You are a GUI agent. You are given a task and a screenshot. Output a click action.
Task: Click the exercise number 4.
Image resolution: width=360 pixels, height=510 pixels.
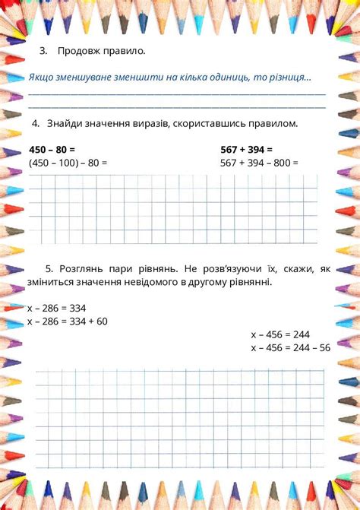35,123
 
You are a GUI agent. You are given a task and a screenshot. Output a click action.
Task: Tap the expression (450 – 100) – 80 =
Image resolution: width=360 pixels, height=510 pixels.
68,163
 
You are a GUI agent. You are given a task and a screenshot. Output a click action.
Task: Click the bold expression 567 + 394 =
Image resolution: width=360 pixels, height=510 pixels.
246,150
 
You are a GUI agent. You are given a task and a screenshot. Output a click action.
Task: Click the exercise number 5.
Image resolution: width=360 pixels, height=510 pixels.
49,268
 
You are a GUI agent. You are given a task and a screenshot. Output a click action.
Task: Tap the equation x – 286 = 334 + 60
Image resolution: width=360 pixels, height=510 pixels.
67,322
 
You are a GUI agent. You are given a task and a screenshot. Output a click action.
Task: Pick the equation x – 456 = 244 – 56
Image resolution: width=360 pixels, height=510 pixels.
291,347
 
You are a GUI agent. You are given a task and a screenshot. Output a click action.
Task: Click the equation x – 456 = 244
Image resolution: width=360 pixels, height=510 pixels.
280,334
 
